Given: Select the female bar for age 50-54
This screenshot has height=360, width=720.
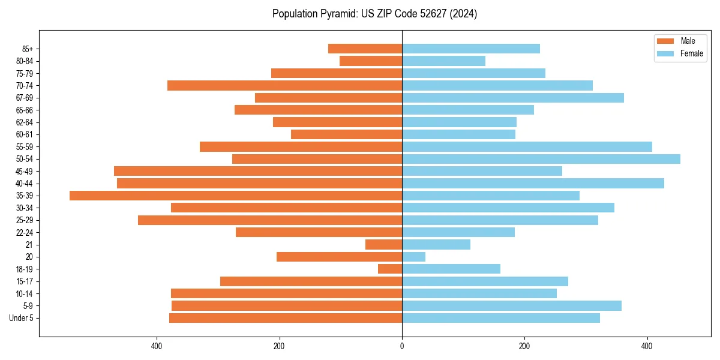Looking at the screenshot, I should [541, 159].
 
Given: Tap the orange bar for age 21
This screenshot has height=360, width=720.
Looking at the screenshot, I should [383, 245].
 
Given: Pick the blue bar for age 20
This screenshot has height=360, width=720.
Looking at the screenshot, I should [413, 257].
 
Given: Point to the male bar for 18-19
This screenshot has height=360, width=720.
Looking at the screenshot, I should [390, 269].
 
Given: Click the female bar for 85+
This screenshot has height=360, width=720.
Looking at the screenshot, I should [470, 49].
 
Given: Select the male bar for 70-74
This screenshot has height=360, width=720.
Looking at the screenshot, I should [284, 86].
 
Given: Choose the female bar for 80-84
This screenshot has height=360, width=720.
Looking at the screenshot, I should [443, 61].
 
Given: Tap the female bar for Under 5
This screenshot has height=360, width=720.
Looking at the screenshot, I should [500, 318].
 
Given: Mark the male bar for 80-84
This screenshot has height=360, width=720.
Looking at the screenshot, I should [371, 61].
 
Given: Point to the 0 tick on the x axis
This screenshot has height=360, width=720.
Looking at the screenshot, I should [402, 346].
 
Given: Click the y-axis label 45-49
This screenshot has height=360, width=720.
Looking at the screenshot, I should [25, 171].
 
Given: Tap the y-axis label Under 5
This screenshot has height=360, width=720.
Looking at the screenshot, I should [22, 318].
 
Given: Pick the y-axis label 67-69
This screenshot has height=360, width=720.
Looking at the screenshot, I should [25, 98].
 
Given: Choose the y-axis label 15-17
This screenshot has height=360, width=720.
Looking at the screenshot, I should [25, 281].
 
